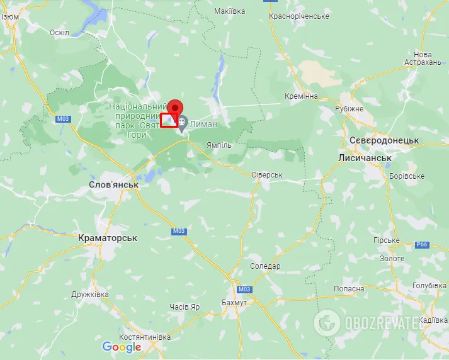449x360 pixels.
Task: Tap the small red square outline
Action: pyautogui.click(x=169, y=120)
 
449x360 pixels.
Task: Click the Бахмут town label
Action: pyautogui.click(x=235, y=303)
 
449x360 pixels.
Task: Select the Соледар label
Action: pyautogui.click(x=265, y=266)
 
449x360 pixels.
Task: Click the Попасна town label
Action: pyautogui.click(x=349, y=288)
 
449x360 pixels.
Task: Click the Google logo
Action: pyautogui.click(x=122, y=347)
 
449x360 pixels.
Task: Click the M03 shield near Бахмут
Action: pyautogui.click(x=244, y=289)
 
